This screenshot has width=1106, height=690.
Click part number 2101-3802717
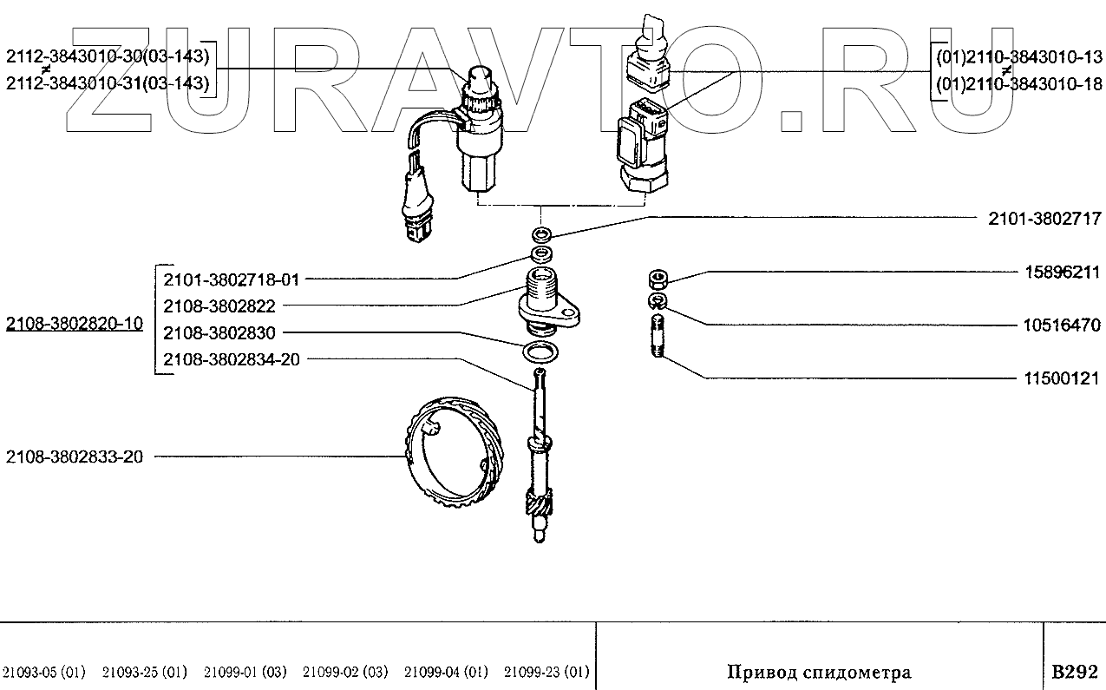pyautogui.click(x=1044, y=219)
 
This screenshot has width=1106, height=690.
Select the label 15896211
pyautogui.click(x=1063, y=273)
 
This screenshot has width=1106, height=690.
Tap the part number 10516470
pyautogui.click(x=1062, y=325)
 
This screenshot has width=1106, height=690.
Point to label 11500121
pyautogui.click(x=1062, y=378)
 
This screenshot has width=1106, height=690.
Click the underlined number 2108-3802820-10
pyautogui.click(x=75, y=324)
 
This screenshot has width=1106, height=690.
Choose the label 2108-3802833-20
pyautogui.click(x=75, y=457)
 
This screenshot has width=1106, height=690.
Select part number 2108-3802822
pyautogui.click(x=219, y=306)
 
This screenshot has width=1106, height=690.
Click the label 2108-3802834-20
pyautogui.click(x=232, y=359)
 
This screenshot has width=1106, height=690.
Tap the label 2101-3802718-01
pyautogui.click(x=232, y=280)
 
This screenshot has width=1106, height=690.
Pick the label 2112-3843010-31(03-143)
pyautogui.click(x=108, y=83)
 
